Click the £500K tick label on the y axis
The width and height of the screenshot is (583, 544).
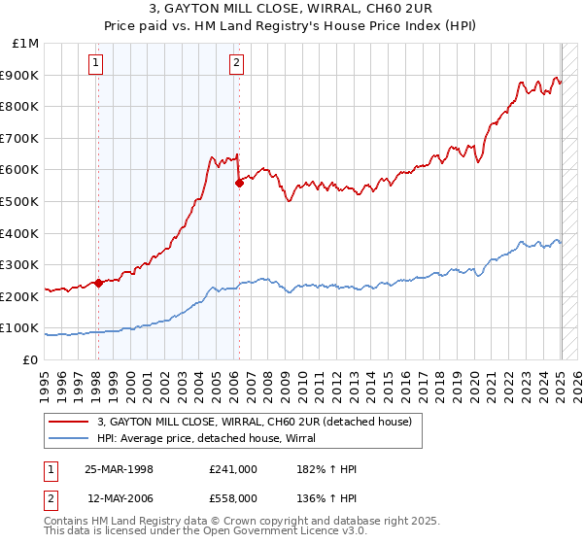click(x=20, y=201)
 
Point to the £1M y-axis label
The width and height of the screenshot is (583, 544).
click(x=26, y=43)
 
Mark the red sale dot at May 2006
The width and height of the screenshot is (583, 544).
click(x=239, y=183)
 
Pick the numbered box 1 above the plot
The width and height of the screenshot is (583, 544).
click(x=97, y=64)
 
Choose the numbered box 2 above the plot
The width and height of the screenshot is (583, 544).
click(x=236, y=64)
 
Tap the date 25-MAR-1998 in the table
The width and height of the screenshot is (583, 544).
click(x=119, y=469)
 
